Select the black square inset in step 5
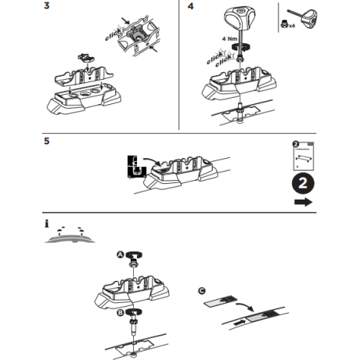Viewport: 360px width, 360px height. pos(133,165)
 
